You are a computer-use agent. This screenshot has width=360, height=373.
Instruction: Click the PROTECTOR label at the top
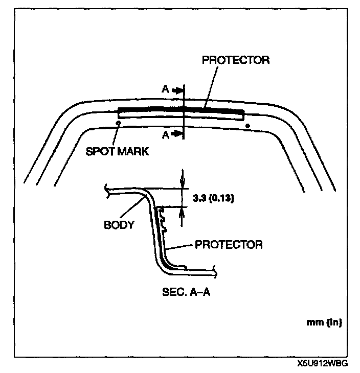[236, 60]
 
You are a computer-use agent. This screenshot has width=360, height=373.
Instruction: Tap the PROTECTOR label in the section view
[229, 244]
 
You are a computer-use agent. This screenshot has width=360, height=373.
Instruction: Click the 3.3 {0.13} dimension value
[214, 199]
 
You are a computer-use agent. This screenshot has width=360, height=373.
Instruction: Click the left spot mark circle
[119, 123]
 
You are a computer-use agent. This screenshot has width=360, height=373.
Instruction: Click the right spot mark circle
[248, 125]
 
